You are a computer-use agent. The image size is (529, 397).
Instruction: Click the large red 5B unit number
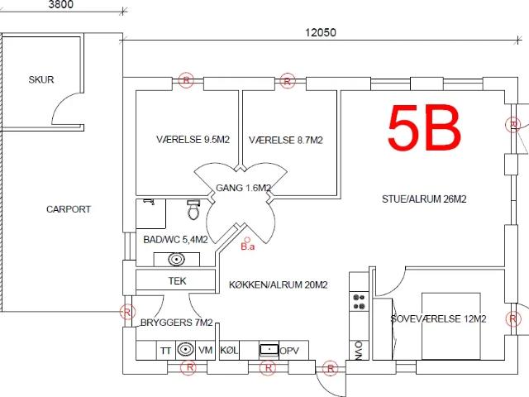(x=424, y=127)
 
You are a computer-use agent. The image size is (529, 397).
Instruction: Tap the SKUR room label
(x=41, y=79)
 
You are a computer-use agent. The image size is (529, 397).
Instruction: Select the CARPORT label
(x=69, y=209)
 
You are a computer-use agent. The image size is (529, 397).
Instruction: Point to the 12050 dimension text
(x=321, y=32)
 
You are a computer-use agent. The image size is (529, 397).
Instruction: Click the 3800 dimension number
(x=60, y=4)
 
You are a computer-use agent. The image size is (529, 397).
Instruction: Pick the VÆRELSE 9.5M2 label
(x=193, y=140)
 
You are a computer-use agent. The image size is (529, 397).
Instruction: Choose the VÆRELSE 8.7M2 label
(x=286, y=140)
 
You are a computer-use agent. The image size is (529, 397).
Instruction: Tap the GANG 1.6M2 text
(x=244, y=188)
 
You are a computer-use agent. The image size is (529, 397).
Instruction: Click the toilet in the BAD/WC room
(x=193, y=209)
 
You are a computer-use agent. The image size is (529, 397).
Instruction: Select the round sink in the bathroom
(x=176, y=259)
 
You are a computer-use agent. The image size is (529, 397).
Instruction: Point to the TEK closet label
(x=177, y=280)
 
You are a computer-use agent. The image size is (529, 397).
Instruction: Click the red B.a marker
(x=248, y=245)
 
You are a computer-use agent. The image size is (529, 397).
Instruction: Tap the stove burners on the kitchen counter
(x=359, y=302)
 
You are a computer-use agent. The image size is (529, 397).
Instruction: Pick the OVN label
(x=359, y=351)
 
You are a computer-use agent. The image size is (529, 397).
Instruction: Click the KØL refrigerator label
(x=229, y=350)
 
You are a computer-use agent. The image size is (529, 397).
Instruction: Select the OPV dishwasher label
(x=289, y=351)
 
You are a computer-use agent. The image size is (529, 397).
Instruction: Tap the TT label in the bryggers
(x=165, y=351)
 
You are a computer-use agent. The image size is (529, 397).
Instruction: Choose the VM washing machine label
(x=206, y=350)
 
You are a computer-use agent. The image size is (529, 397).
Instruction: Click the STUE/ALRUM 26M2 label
(x=424, y=199)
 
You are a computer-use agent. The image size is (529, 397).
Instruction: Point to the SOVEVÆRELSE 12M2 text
(x=438, y=319)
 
